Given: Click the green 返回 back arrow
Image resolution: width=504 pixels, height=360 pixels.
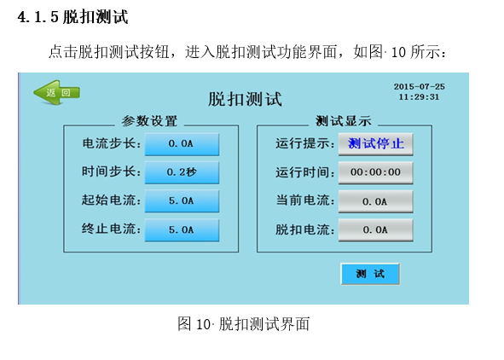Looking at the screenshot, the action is tap(56, 93).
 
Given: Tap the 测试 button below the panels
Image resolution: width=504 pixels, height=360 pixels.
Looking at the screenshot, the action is tap(370, 274).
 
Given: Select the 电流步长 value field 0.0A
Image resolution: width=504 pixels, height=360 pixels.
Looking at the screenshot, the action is tap(182, 144).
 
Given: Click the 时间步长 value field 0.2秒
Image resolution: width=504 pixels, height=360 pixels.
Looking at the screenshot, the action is tap(182, 172).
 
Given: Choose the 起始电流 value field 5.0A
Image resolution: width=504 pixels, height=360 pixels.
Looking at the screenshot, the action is tap(182, 200).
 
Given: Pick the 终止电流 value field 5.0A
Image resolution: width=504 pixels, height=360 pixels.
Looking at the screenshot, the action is tap(182, 229).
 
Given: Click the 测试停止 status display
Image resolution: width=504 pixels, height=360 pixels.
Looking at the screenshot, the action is tap(376, 144).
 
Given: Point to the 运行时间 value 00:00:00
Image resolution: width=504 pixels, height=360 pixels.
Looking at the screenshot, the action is tap(376, 172).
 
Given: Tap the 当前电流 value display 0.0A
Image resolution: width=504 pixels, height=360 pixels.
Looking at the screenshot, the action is tap(376, 201).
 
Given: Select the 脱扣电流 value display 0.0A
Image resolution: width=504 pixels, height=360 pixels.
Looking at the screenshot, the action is tap(376, 229).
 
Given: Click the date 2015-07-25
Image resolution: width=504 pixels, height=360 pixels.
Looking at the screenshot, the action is tap(419, 86).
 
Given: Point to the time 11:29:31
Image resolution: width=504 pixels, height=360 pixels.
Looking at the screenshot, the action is tap(419, 96).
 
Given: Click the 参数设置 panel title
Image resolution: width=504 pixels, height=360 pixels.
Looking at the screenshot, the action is tap(149, 121).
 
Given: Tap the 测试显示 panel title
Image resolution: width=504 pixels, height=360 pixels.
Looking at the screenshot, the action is tap(344, 121).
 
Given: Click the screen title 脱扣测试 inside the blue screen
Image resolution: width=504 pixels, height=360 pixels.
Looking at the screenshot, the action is tap(245, 99).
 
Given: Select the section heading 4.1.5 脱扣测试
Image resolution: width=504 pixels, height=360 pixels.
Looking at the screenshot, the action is tap(73, 17).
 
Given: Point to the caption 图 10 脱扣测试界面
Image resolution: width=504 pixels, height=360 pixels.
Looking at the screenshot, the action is tap(243, 323).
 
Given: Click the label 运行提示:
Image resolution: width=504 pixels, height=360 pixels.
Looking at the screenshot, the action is tap(305, 143).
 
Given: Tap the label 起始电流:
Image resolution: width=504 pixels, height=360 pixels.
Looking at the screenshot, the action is tap(111, 200).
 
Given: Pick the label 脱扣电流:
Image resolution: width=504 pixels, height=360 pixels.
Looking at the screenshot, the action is tap(305, 229).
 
